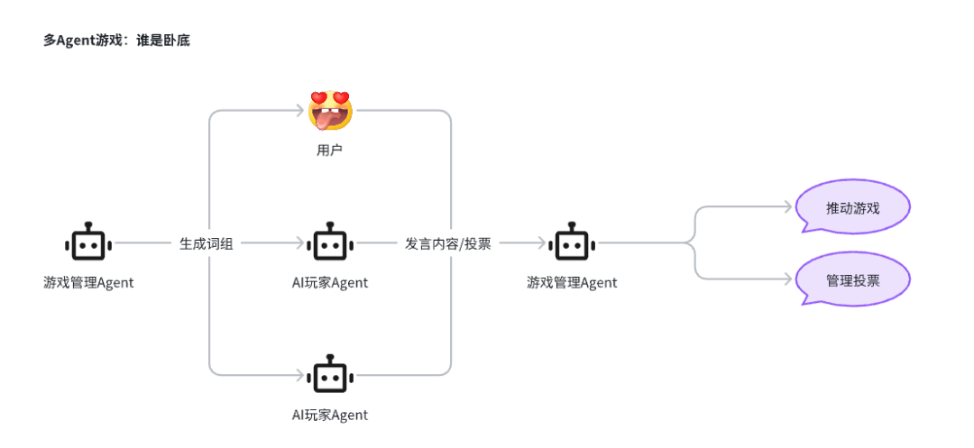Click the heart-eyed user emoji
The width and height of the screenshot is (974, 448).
click(x=329, y=111)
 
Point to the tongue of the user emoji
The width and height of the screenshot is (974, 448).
click(x=326, y=122)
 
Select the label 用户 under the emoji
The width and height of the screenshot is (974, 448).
click(x=329, y=150)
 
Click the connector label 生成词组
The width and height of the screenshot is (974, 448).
click(x=207, y=243)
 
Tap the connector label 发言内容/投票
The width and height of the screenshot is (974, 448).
click(x=447, y=243)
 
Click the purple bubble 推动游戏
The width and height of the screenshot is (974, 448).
click(x=852, y=208)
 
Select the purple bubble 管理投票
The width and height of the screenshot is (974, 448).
click(x=852, y=279)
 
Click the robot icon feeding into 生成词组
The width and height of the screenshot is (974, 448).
click(x=87, y=242)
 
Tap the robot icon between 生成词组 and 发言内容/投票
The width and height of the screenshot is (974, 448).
click(x=329, y=242)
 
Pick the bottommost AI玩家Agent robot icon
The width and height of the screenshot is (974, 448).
click(x=329, y=375)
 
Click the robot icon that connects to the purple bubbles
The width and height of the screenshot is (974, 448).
click(x=572, y=242)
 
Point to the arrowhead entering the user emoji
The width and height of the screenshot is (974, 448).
click(x=299, y=111)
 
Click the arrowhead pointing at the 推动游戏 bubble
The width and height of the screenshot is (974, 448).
click(x=790, y=207)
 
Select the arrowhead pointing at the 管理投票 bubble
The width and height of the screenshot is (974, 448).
click(x=790, y=279)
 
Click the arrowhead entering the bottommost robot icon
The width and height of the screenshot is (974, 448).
click(x=299, y=375)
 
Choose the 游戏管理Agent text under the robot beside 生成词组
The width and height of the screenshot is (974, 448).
click(x=88, y=283)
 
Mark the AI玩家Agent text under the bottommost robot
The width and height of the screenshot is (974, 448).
click(x=329, y=415)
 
